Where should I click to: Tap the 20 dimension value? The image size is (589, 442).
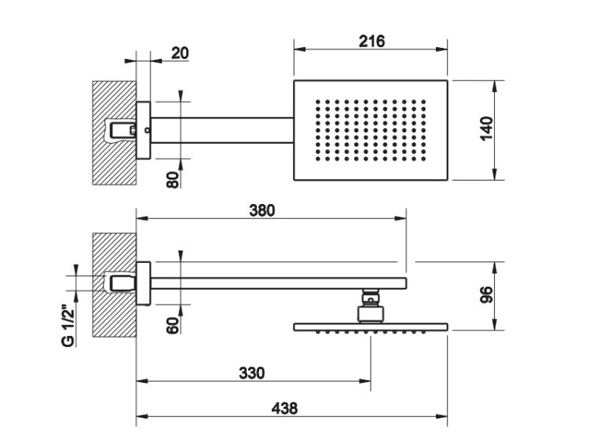(x=180, y=53)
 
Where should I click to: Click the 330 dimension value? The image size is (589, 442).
(x=251, y=371)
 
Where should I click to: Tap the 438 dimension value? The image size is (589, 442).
(x=285, y=407)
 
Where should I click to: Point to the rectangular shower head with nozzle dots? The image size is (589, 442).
(x=370, y=130)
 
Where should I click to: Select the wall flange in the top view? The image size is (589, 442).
(x=143, y=130)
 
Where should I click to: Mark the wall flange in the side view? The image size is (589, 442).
(x=143, y=283)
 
